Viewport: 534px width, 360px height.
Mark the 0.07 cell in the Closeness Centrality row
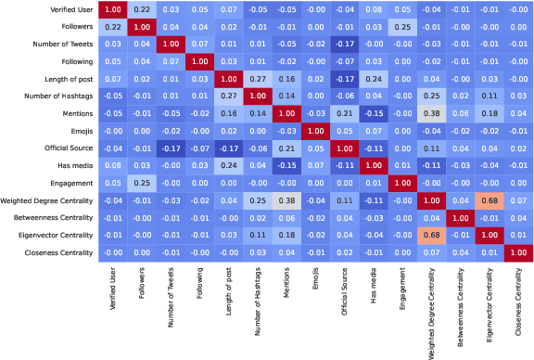pos(461,252)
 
